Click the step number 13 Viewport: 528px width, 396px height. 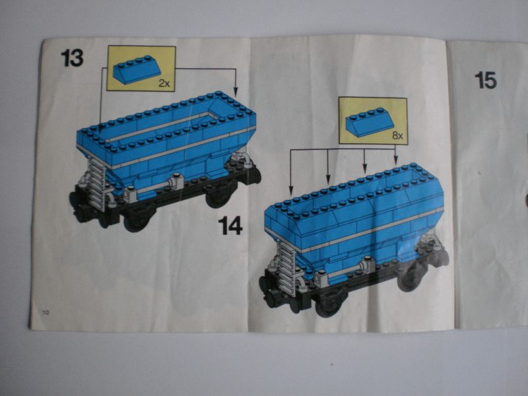pyautogui.click(x=72, y=58)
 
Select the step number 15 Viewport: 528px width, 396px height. pyautogui.click(x=485, y=80)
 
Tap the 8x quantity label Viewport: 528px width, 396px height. pyautogui.click(x=397, y=135)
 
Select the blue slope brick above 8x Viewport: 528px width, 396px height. pyautogui.click(x=367, y=121)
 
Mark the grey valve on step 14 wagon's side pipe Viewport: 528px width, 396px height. pyautogui.click(x=361, y=267)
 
